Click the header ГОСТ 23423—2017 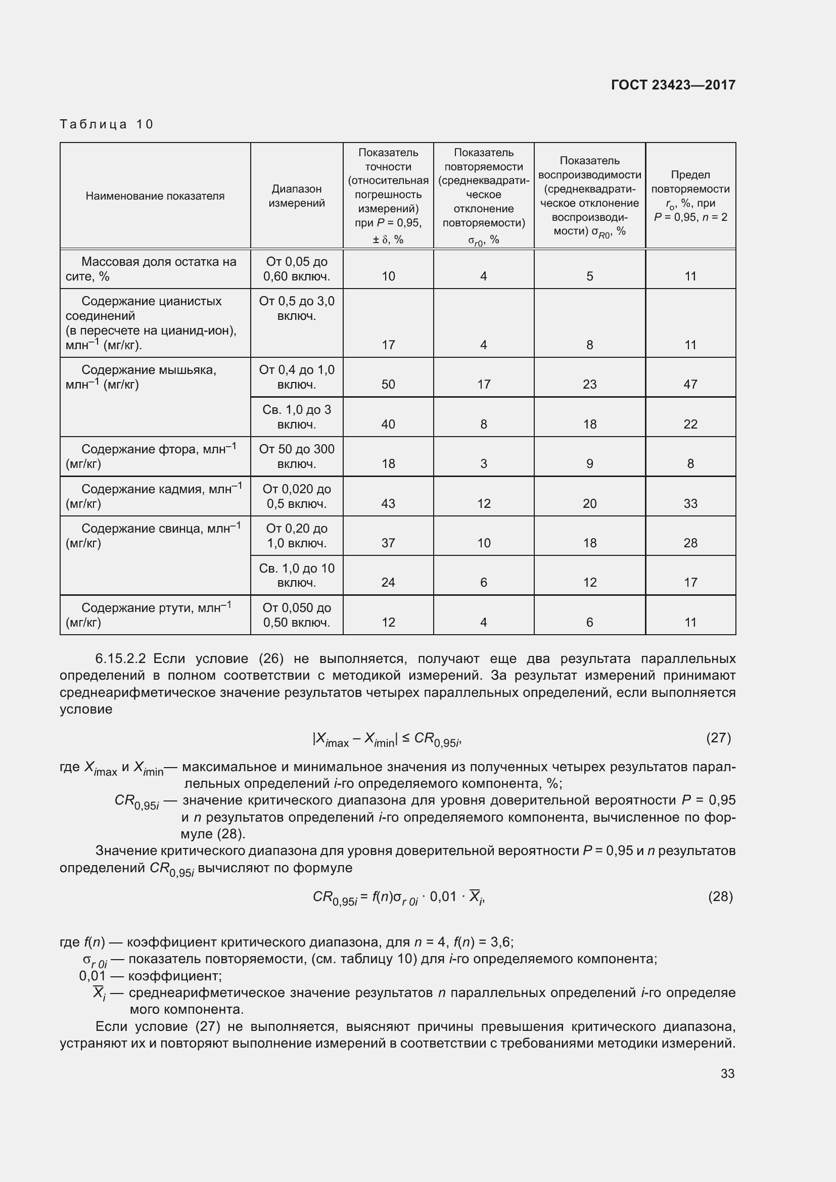pos(673,85)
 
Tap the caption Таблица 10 pos(107,124)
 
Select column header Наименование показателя pos(155,196)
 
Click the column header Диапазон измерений pos(297,196)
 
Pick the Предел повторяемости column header pos(690,196)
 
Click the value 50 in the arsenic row pos(388,385)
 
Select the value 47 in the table pos(690,385)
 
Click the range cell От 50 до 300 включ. pos(297,456)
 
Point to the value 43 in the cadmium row pos(388,503)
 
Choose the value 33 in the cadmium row pos(690,503)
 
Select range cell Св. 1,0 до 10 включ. pos(297,575)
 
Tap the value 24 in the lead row pos(388,583)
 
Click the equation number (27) pos(718,738)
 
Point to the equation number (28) pos(720,897)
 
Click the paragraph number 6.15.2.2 pos(120,659)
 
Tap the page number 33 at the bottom pos(727,1073)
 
